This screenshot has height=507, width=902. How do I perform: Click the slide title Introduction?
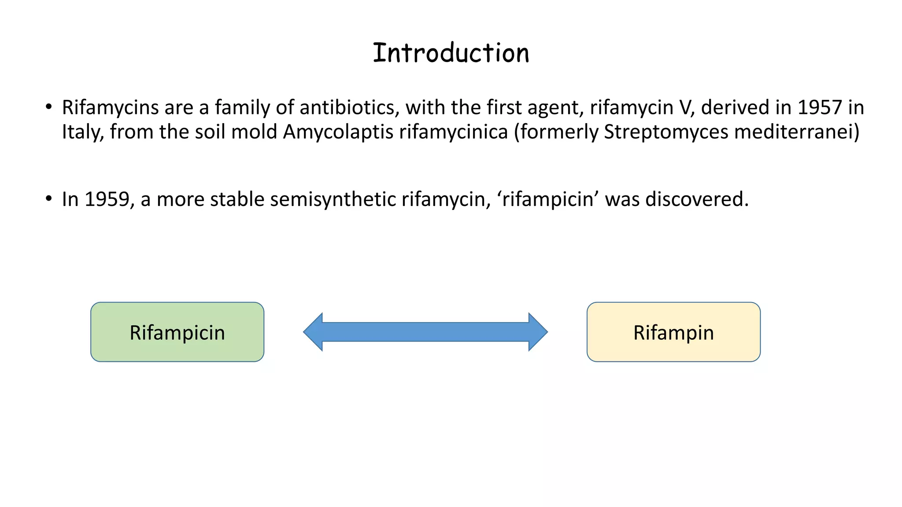tap(451, 53)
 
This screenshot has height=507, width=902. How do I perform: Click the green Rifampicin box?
tap(177, 332)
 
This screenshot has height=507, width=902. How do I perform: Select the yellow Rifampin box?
tap(673, 332)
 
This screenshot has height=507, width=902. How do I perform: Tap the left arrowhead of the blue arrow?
tap(314, 332)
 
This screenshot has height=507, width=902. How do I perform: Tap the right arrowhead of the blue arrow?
tap(538, 332)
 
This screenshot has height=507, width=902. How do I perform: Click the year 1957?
tap(820, 108)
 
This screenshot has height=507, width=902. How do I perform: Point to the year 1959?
tap(107, 199)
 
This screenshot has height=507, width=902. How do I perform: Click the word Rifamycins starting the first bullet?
tap(110, 108)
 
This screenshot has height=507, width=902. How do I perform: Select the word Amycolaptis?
tap(338, 132)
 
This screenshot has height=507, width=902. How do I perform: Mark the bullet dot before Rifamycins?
tap(49, 107)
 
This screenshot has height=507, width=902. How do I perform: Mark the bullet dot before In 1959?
tap(49, 198)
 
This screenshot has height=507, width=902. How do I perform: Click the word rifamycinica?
tap(453, 132)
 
